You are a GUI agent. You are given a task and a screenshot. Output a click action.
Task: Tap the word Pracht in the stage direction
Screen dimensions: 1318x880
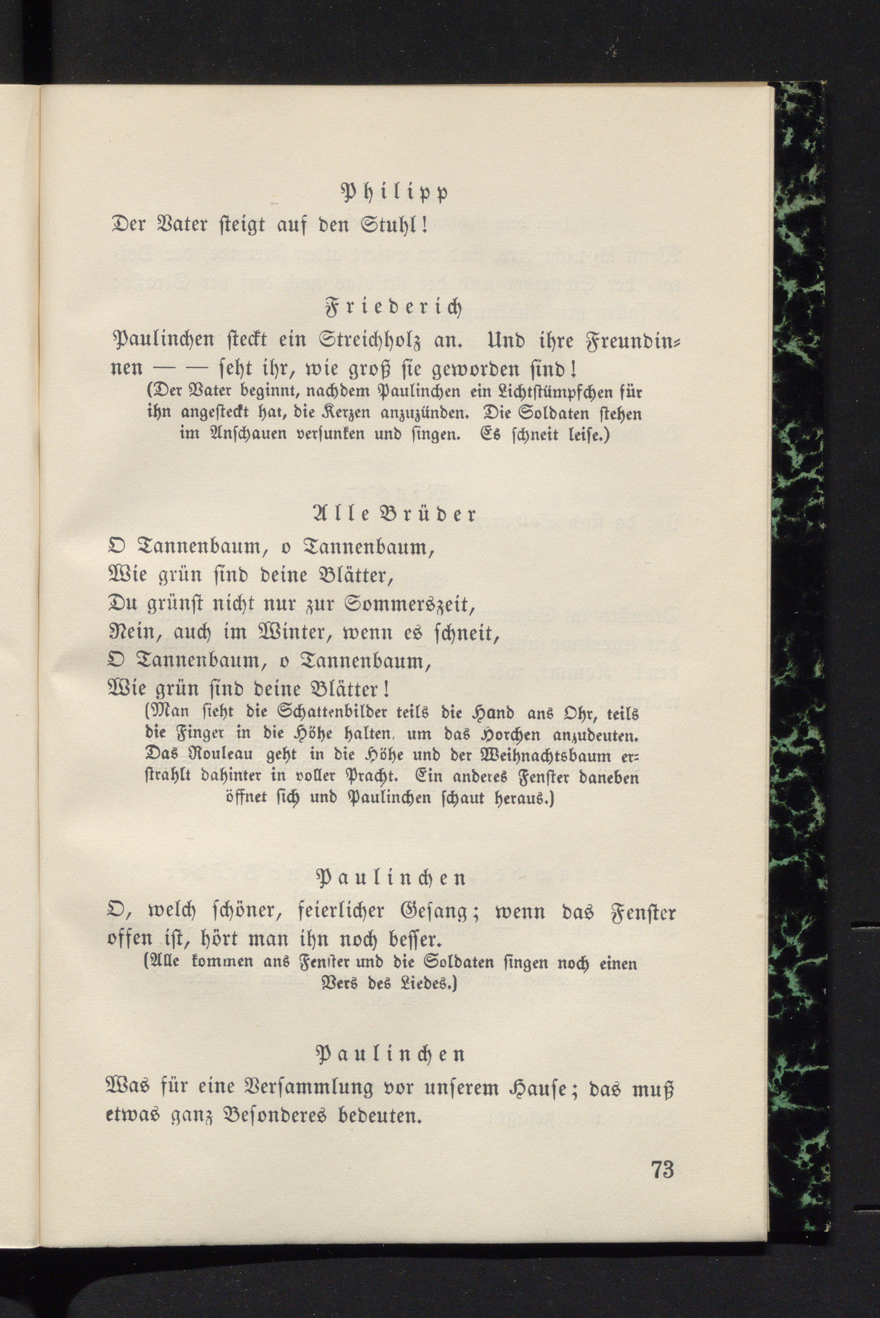(369, 778)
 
